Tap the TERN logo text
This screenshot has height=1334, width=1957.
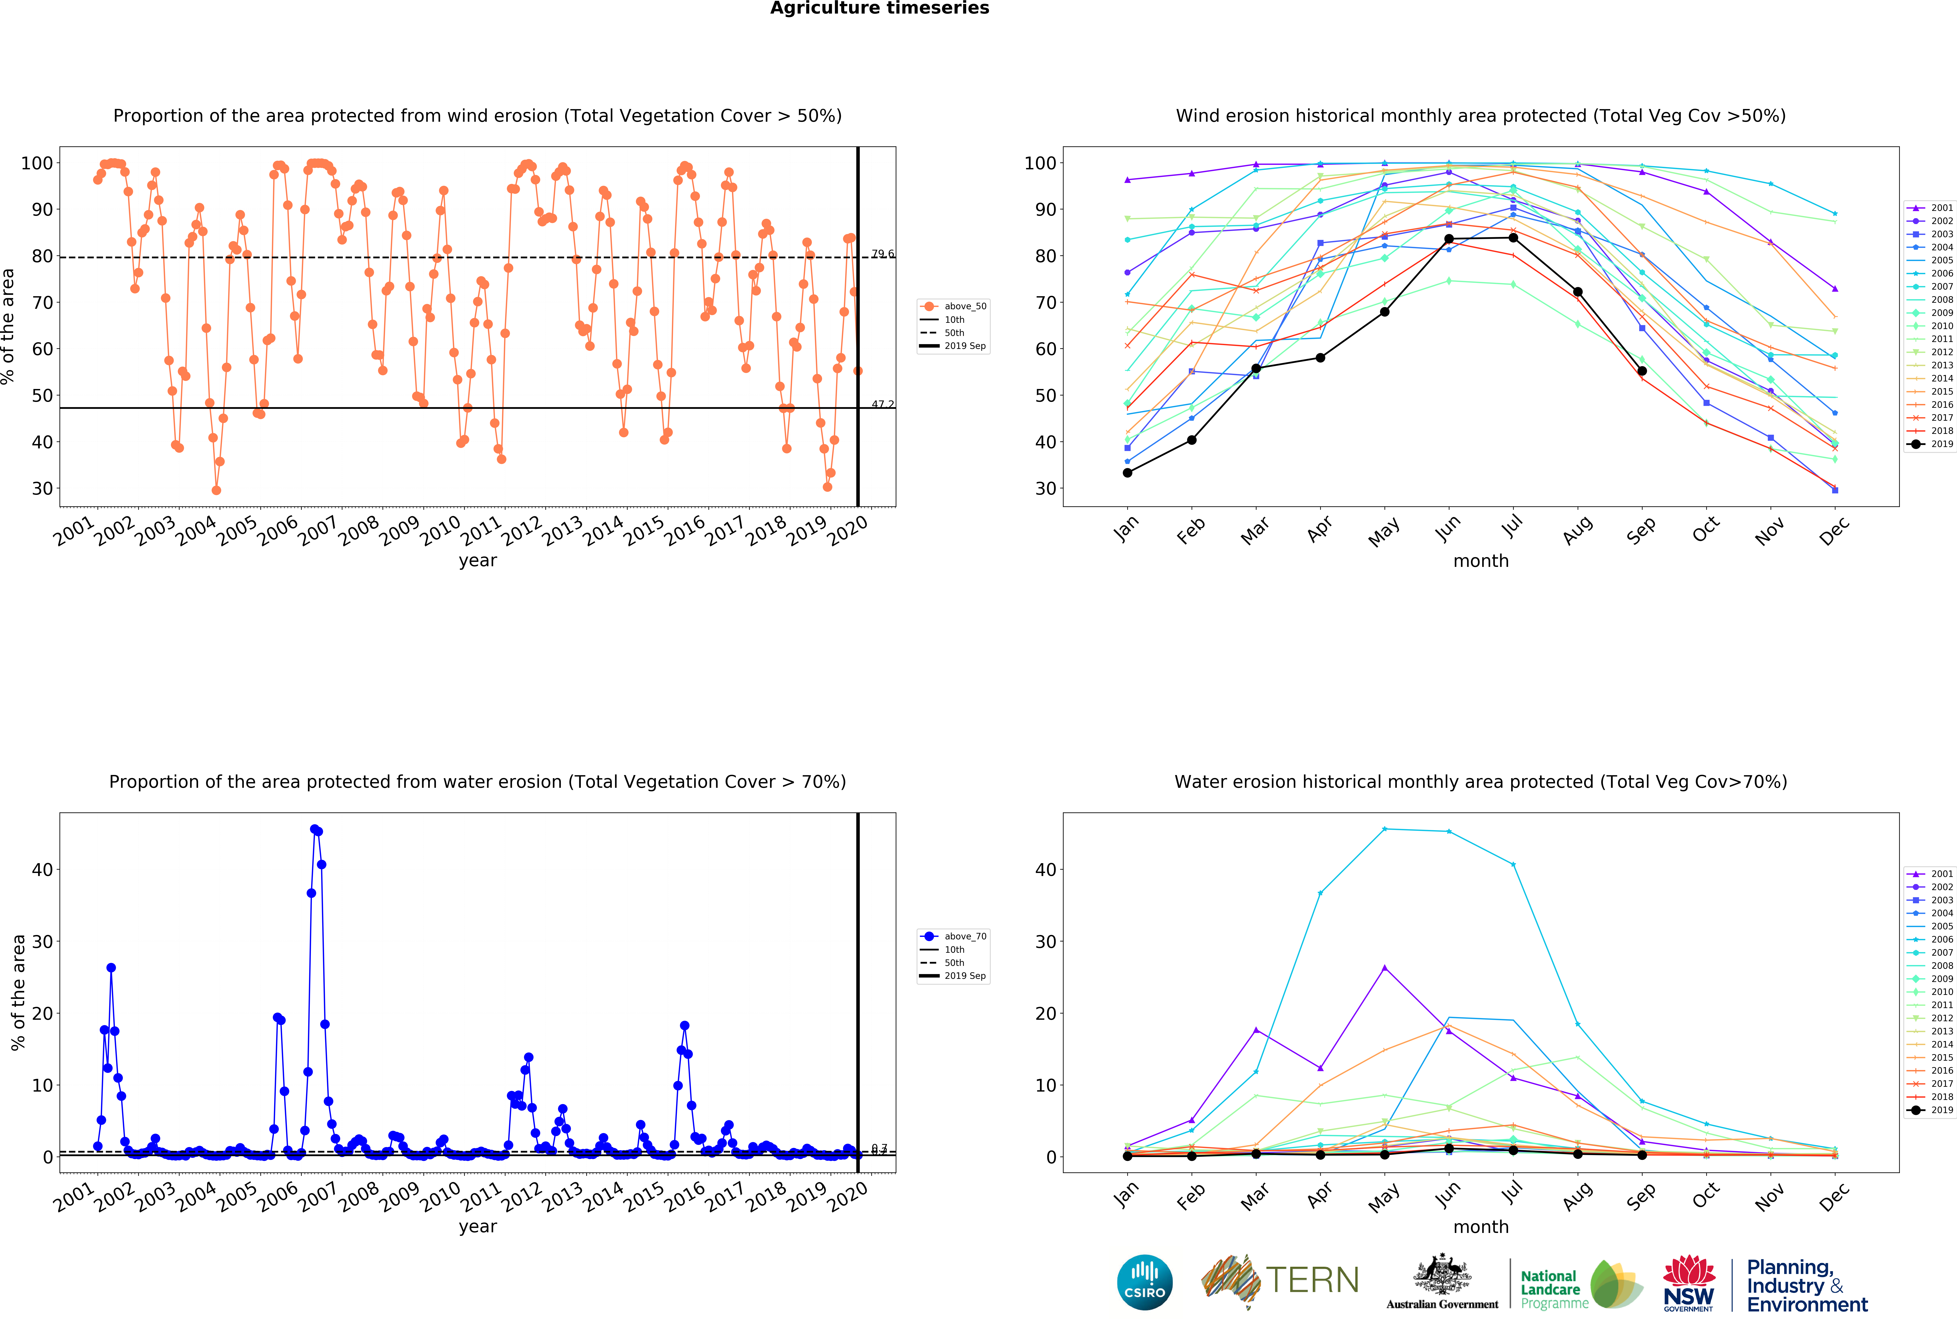[1312, 1281]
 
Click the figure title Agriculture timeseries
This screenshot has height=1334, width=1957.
[879, 8]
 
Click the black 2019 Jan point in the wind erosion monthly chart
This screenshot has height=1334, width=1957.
[1127, 473]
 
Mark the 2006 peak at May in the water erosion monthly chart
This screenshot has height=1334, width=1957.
[1384, 829]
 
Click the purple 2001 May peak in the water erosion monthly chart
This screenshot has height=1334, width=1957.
[1384, 968]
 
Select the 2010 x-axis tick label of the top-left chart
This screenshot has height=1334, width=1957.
[440, 531]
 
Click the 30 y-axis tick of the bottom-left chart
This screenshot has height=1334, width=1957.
[42, 941]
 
